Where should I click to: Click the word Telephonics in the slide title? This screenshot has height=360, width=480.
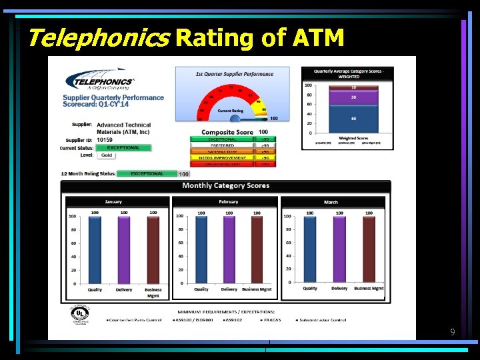97,37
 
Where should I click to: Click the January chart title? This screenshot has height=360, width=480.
113,201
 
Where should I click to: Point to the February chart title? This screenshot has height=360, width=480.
228,201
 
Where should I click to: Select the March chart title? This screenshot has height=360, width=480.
331,201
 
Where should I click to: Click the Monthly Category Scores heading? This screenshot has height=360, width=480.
225,185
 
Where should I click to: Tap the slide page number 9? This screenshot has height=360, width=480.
453,331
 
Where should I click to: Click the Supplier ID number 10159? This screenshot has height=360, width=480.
105,140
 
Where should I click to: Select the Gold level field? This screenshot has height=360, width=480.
107,155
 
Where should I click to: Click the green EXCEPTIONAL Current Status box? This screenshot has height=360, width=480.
123,147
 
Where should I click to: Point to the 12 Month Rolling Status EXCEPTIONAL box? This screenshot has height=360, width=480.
147,173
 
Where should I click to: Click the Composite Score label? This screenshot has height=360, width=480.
227,132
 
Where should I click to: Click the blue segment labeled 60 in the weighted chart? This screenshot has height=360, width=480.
354,118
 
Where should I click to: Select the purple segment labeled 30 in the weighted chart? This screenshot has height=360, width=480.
354,97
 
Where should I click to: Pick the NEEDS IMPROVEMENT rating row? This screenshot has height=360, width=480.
223,157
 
